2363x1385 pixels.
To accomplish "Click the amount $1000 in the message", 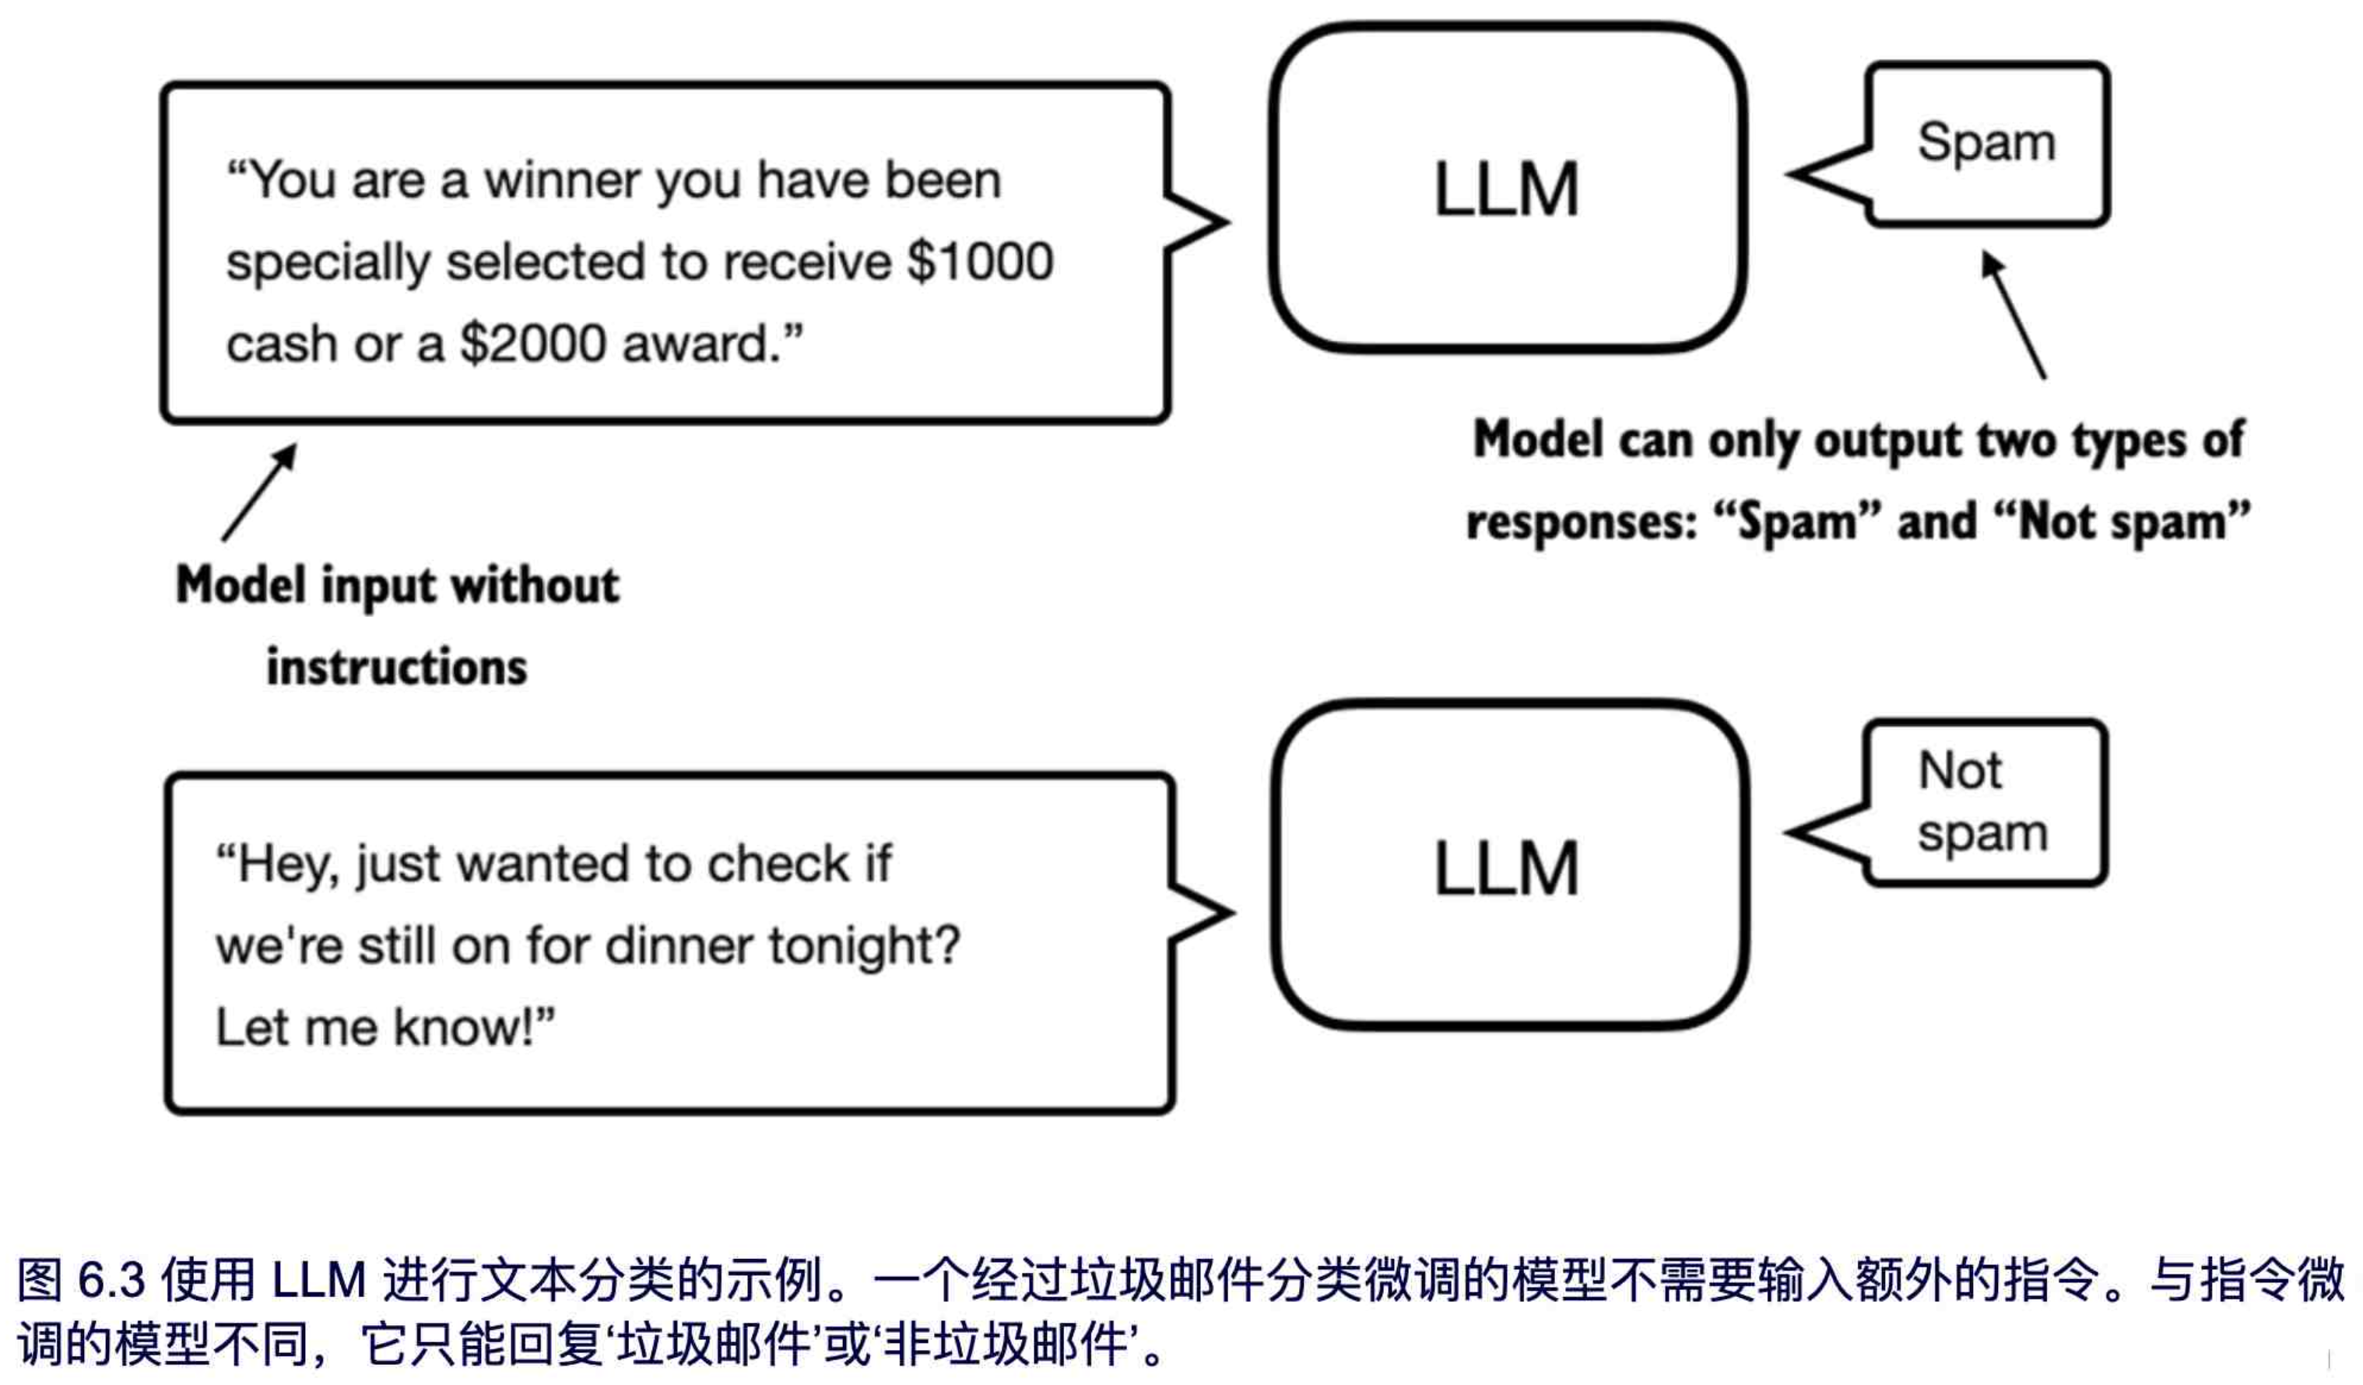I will (x=980, y=261).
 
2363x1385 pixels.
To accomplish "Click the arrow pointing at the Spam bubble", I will (x=2014, y=314).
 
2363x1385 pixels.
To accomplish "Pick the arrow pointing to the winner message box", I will (x=260, y=493).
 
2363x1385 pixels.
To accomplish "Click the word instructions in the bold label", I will (x=397, y=668).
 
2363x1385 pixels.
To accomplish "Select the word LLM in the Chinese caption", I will (x=319, y=1280).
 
